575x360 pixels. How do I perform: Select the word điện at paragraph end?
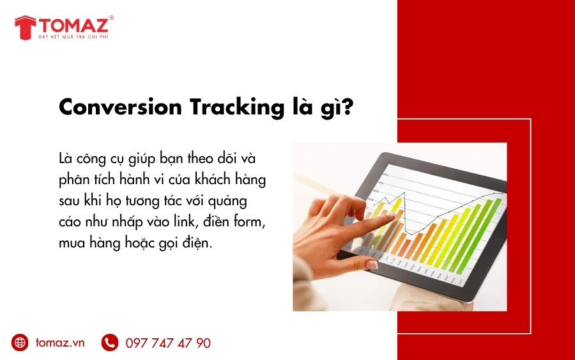tap(213, 244)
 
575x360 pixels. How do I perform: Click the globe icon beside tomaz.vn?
tap(20, 343)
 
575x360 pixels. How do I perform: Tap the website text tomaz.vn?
tap(60, 343)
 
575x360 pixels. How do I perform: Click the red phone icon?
tap(110, 343)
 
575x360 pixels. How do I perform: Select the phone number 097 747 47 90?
tap(168, 343)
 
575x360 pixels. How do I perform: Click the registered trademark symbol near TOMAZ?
tap(112, 18)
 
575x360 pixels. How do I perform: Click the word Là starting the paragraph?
tap(65, 157)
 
